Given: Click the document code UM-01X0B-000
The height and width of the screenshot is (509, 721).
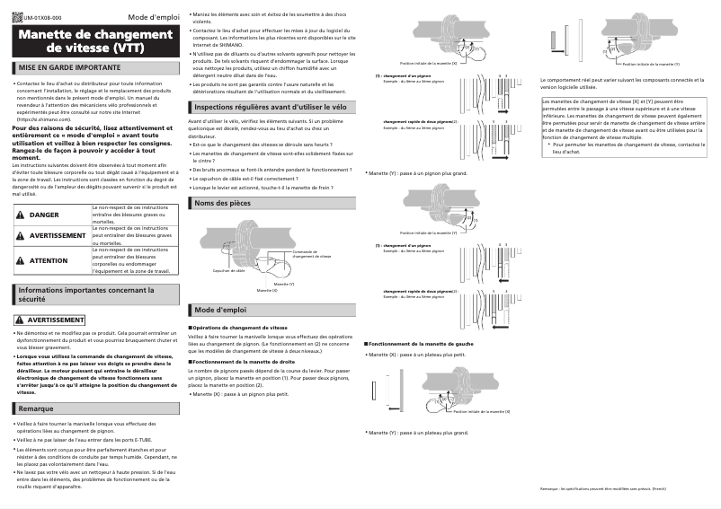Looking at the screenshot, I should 43,18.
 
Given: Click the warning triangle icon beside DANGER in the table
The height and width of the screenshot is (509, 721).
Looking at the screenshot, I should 21,215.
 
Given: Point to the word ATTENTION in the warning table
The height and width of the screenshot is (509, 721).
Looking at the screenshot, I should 49,260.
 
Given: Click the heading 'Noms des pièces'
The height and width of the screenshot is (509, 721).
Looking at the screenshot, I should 222,204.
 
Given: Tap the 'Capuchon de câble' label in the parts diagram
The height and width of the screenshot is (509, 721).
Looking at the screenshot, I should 229,270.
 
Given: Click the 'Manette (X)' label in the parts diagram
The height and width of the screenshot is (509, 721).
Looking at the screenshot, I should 267,291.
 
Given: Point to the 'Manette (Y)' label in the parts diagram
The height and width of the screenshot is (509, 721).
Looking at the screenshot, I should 284,283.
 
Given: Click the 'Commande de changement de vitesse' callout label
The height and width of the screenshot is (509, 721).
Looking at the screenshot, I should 312,254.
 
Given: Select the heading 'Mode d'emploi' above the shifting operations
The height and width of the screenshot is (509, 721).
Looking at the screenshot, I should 220,310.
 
